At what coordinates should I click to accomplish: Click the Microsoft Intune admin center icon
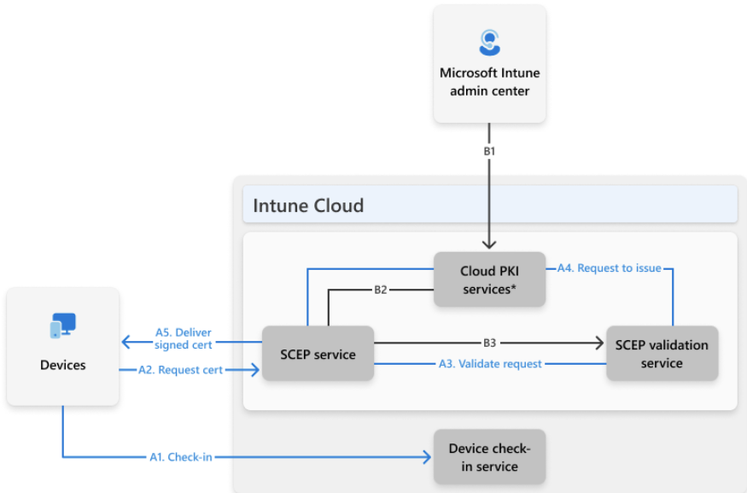489,43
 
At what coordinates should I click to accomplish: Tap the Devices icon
63,326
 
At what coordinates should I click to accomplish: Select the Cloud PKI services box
489,279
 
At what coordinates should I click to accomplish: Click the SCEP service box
318,353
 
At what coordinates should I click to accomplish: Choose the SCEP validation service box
662,353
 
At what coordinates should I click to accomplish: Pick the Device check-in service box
489,457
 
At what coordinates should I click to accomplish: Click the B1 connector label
489,151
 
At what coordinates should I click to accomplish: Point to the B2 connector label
380,290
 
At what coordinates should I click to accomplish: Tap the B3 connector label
489,343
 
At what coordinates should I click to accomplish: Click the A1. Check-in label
180,457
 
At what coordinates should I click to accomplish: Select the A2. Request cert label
180,370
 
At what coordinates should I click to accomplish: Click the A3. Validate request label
490,364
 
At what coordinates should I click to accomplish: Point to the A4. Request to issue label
610,268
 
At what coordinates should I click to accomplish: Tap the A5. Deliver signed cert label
183,338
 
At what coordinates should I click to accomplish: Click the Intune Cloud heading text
308,206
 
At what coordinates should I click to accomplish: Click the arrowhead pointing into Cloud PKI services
489,244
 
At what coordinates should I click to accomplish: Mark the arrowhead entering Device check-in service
427,457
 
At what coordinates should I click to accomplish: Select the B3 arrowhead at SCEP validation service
599,343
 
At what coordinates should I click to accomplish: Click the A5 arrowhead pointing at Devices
126,342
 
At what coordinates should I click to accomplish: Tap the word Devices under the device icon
63,365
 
